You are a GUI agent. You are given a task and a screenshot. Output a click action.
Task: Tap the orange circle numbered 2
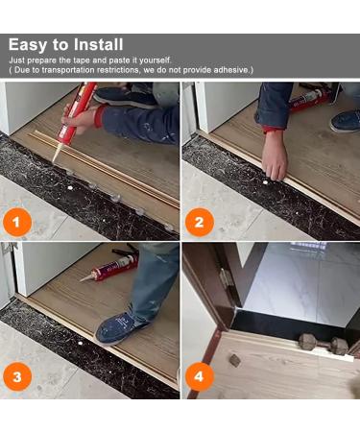(200, 225)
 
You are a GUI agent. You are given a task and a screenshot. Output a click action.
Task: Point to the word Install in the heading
(99, 44)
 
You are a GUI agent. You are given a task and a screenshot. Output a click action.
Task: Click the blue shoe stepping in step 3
(120, 327)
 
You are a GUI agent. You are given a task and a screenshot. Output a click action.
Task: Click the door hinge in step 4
(225, 278)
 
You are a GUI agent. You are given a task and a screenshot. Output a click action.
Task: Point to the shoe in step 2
(345, 119)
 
